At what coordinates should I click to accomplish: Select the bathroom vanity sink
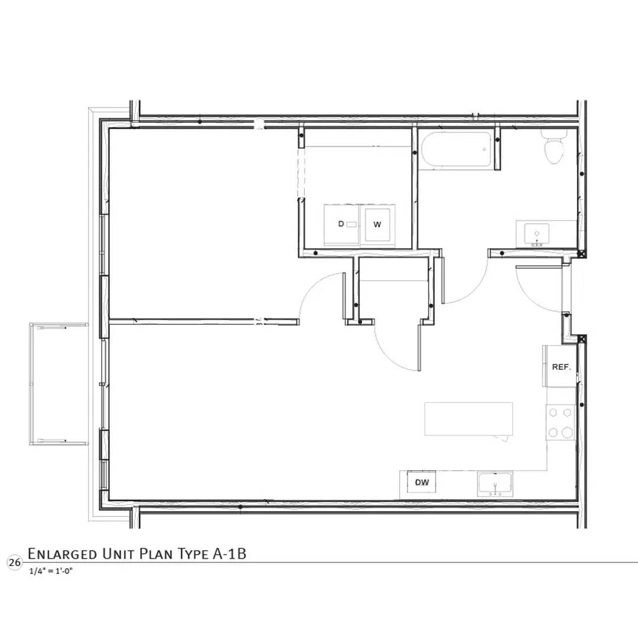(x=536, y=235)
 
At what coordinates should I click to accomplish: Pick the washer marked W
(x=377, y=224)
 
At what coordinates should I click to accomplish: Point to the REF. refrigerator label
(x=562, y=367)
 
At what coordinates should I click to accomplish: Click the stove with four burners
(x=560, y=422)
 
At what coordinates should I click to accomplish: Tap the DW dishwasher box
(x=422, y=482)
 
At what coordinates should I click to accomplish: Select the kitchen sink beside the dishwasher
(x=495, y=484)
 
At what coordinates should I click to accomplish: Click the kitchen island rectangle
(x=468, y=419)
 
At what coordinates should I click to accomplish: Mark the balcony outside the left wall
(x=58, y=384)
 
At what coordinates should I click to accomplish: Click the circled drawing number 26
(x=15, y=563)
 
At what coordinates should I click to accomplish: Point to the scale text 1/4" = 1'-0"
(x=51, y=571)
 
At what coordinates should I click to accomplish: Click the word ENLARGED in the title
(x=62, y=554)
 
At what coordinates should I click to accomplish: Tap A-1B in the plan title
(x=229, y=554)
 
